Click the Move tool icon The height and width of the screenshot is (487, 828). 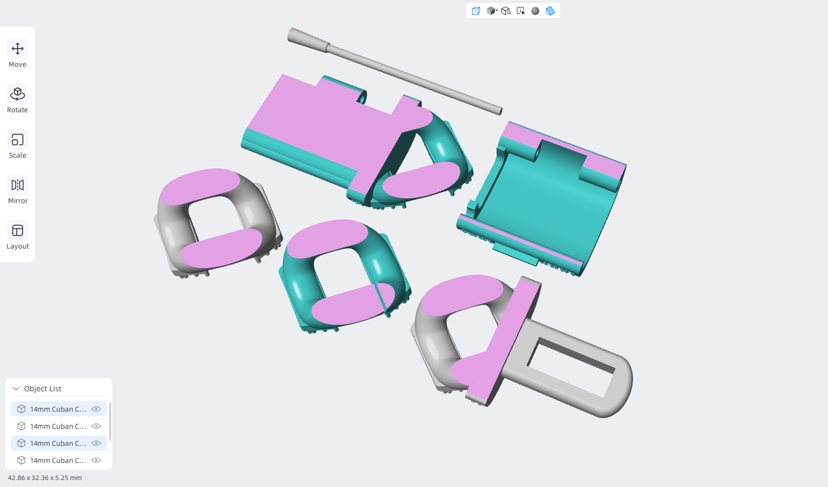[x=18, y=49]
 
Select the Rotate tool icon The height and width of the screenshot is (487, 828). [x=18, y=94]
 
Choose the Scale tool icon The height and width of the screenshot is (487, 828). [x=18, y=140]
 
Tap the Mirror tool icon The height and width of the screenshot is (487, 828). [x=18, y=185]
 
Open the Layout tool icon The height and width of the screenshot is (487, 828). [x=18, y=230]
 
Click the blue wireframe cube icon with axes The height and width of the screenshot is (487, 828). [x=476, y=11]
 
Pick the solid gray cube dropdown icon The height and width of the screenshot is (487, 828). [x=492, y=11]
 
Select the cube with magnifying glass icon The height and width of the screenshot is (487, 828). [x=506, y=11]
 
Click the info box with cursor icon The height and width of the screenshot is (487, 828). [x=521, y=11]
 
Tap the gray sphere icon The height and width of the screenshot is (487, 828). [x=535, y=11]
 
